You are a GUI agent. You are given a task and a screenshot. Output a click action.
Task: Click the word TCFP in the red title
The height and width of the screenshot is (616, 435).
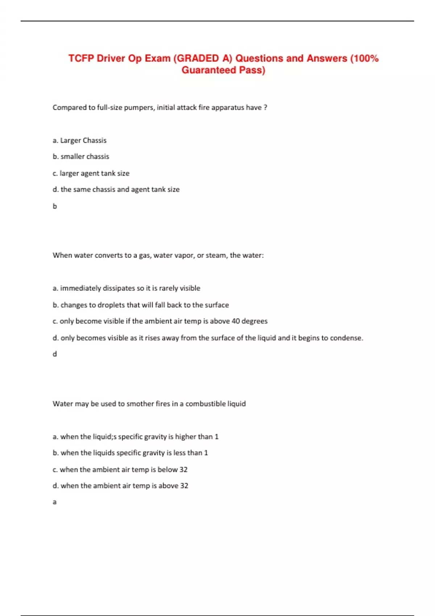tap(81, 58)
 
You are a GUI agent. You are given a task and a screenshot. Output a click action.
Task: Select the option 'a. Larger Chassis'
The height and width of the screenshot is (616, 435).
tap(79, 140)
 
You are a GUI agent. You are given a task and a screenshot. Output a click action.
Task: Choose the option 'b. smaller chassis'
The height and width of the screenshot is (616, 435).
tap(81, 157)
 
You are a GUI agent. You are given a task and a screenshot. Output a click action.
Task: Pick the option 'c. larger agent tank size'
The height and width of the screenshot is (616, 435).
tap(91, 173)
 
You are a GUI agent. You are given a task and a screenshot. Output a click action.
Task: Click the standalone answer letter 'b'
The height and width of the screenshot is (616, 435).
tap(55, 206)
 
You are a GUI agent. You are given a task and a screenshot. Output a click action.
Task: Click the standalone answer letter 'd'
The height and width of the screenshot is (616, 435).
tap(55, 354)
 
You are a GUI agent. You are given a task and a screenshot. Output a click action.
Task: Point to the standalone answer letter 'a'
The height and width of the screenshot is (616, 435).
tap(55, 502)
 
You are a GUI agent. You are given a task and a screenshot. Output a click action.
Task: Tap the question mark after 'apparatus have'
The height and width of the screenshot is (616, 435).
tap(265, 108)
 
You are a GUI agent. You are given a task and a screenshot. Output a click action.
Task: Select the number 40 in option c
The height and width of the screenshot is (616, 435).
tap(236, 321)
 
